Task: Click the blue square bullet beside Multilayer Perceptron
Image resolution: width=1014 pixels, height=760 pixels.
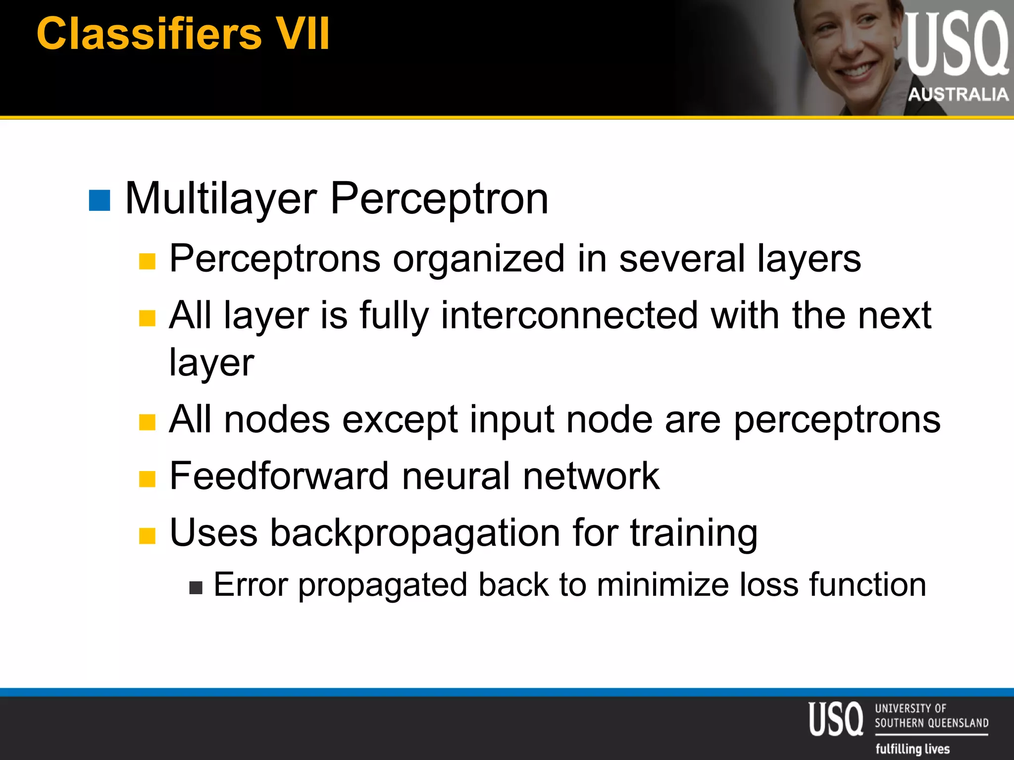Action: pos(99,200)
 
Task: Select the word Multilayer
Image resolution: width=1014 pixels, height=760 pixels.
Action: pos(221,199)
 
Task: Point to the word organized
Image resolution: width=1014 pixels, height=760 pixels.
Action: pos(478,258)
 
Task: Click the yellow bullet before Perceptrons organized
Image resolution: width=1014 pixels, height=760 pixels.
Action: pos(147,261)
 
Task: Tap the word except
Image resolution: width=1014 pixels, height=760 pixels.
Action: pos(400,420)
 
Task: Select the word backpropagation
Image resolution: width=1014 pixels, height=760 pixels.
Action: pos(415,533)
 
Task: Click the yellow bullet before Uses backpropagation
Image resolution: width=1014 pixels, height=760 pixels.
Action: pos(147,535)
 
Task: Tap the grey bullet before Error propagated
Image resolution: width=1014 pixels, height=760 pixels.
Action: pos(196,587)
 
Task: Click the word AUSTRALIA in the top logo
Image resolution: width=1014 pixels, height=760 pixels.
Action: pos(958,94)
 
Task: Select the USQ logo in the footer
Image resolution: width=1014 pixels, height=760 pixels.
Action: pos(835,718)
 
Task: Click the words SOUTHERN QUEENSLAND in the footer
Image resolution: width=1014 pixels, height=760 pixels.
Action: pos(931,723)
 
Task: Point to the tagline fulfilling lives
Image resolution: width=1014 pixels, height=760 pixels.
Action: pos(913,749)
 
